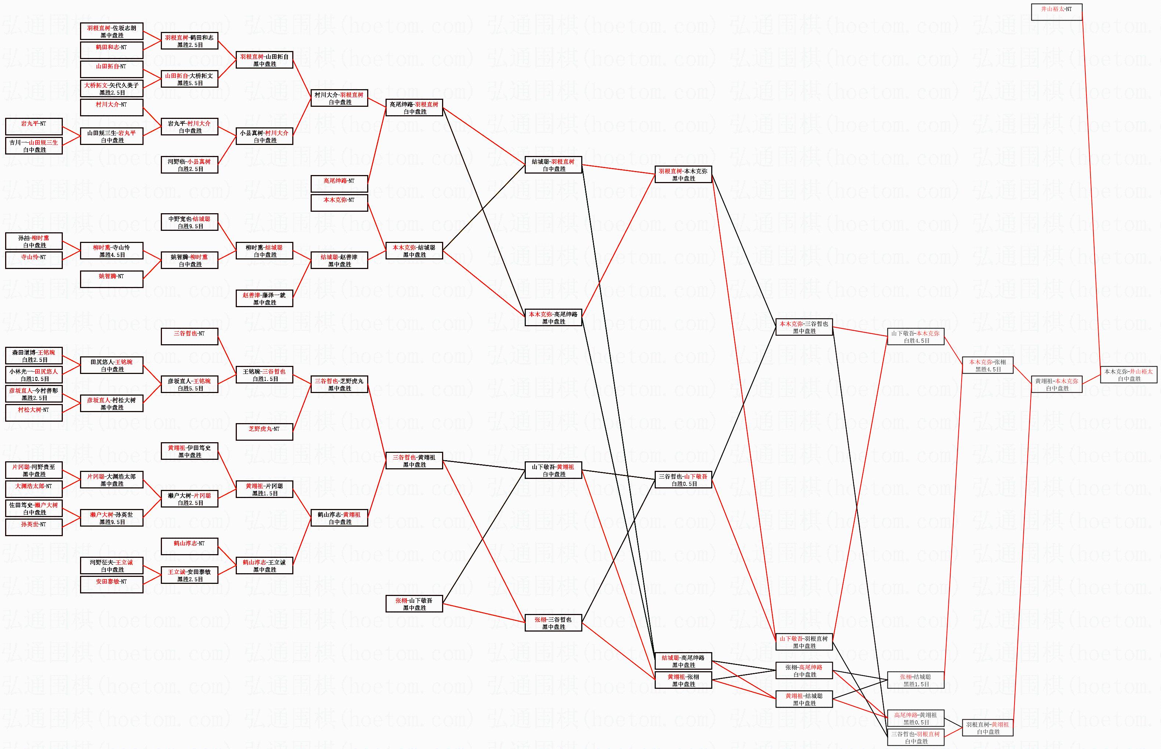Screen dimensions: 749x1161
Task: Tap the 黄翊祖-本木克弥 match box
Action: pyautogui.click(x=1056, y=385)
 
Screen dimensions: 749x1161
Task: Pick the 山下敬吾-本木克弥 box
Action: pyautogui.click(x=916, y=337)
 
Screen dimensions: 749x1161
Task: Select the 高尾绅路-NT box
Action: pyautogui.click(x=339, y=184)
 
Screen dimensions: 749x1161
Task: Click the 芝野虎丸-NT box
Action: pyautogui.click(x=264, y=432)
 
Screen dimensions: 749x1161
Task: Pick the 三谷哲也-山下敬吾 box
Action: pyautogui.click(x=683, y=480)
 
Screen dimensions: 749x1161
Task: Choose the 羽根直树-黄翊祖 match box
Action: pyautogui.click(x=988, y=728)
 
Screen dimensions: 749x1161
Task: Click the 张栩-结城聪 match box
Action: pyautogui.click(x=916, y=680)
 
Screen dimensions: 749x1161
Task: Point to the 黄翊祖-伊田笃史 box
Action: pyautogui.click(x=189, y=451)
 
